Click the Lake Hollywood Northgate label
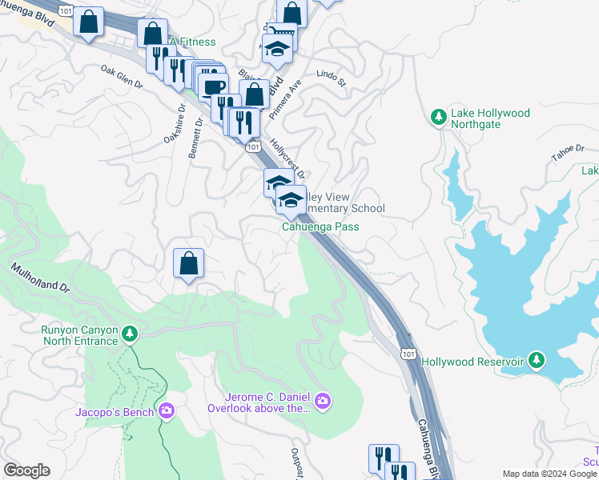(x=490, y=118)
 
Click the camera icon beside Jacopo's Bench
(x=166, y=411)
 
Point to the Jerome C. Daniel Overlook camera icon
(x=322, y=401)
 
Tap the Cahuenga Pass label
(x=320, y=226)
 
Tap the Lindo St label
(x=330, y=78)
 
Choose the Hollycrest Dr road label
(x=288, y=158)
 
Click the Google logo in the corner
(x=26, y=470)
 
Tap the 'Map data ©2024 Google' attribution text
(x=549, y=474)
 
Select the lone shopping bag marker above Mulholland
(x=188, y=263)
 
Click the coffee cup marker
(x=214, y=88)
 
